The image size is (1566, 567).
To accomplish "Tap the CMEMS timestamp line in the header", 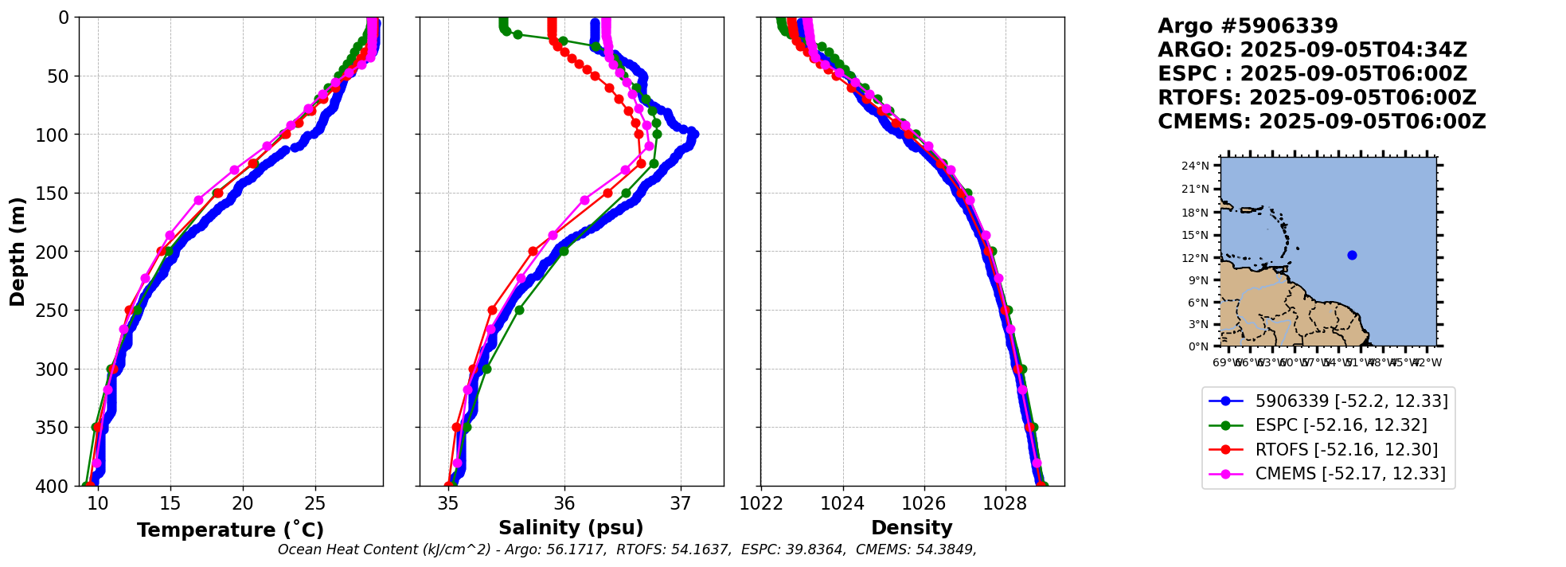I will (1322, 122).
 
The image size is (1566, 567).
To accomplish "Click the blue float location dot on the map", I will (1352, 255).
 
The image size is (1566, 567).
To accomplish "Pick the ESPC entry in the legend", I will (1341, 425).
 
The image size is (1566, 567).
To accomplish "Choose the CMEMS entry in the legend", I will (1350, 473).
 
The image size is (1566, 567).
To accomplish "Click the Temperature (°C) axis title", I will (230, 530).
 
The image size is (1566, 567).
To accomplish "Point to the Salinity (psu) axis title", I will (571, 528).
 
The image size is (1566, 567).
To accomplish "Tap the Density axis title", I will (912, 528).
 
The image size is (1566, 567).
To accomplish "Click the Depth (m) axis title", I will (18, 251).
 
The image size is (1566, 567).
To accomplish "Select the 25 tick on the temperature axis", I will (315, 503).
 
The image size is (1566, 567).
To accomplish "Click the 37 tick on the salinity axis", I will (680, 503).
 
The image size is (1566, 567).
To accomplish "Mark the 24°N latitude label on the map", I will (1195, 166).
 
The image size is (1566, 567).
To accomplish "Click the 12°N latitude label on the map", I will (1195, 258).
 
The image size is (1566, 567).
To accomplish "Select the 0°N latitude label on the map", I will (1198, 346).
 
